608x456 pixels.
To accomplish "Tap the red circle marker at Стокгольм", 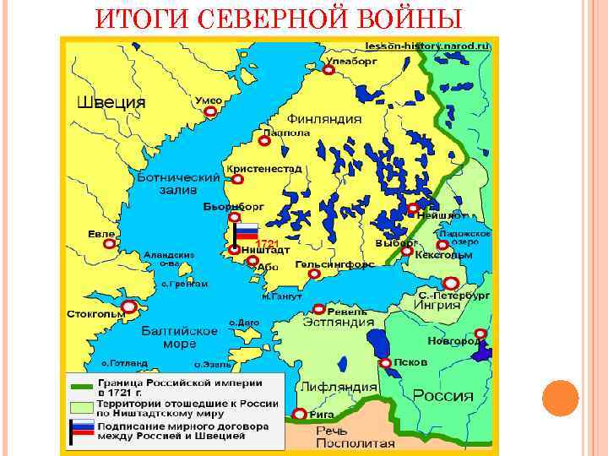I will pos(128,307).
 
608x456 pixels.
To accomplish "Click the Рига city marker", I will pos(300,415).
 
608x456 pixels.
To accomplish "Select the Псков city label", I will pos(412,362).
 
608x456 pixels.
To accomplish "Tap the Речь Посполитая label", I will pos(343,437).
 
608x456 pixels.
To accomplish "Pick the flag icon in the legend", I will pos(81,430).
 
